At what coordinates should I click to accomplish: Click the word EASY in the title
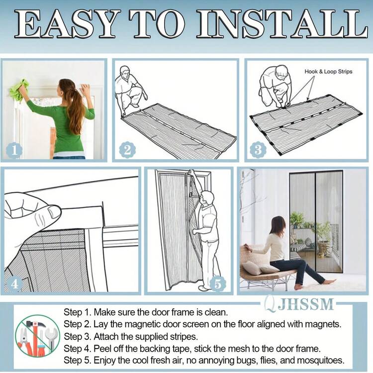click(67, 24)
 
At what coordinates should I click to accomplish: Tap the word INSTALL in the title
click(282, 24)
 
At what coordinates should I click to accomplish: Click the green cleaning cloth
click(19, 91)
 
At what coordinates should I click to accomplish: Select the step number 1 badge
click(14, 150)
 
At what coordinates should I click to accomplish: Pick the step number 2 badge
click(127, 150)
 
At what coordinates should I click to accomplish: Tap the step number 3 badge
click(258, 150)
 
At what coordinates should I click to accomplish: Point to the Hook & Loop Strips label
click(328, 71)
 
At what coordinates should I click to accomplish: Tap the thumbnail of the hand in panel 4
click(54, 212)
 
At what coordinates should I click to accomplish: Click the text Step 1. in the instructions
click(77, 312)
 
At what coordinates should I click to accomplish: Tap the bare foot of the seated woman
click(329, 282)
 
